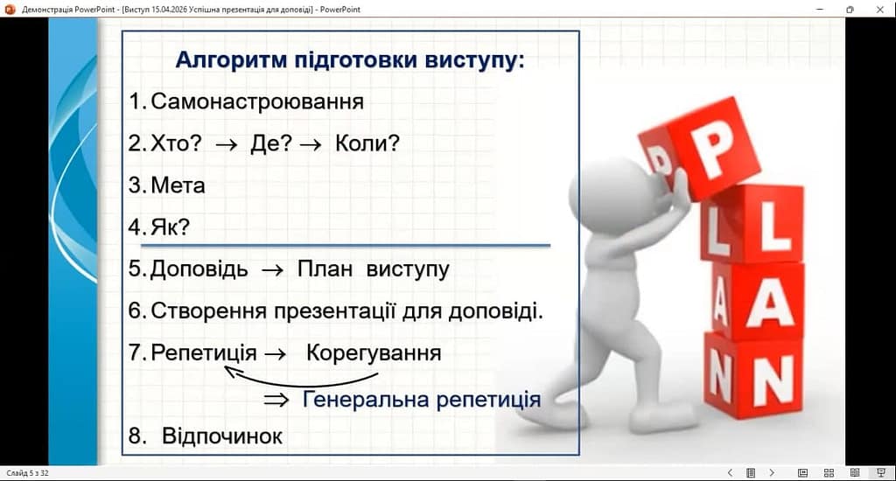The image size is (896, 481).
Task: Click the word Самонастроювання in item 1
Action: pos(257,101)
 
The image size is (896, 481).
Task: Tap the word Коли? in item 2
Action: pos(367,143)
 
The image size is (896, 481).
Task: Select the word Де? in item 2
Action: pos(271,143)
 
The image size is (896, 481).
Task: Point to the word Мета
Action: pos(178,185)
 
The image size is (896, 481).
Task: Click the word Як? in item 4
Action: pos(170,227)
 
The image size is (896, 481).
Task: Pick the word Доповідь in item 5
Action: pos(199,269)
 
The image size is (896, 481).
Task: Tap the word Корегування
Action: pos(374,353)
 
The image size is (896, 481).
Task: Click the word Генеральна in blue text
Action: pos(366,400)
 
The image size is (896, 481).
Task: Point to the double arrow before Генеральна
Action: pos(276,400)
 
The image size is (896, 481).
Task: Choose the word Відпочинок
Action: pos(222,436)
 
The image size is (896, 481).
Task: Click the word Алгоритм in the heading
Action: pos(231,59)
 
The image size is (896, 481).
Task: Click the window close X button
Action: pos(880,9)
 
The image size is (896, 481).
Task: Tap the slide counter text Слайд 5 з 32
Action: pos(27,473)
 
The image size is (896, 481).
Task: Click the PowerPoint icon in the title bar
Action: pos(10,9)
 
